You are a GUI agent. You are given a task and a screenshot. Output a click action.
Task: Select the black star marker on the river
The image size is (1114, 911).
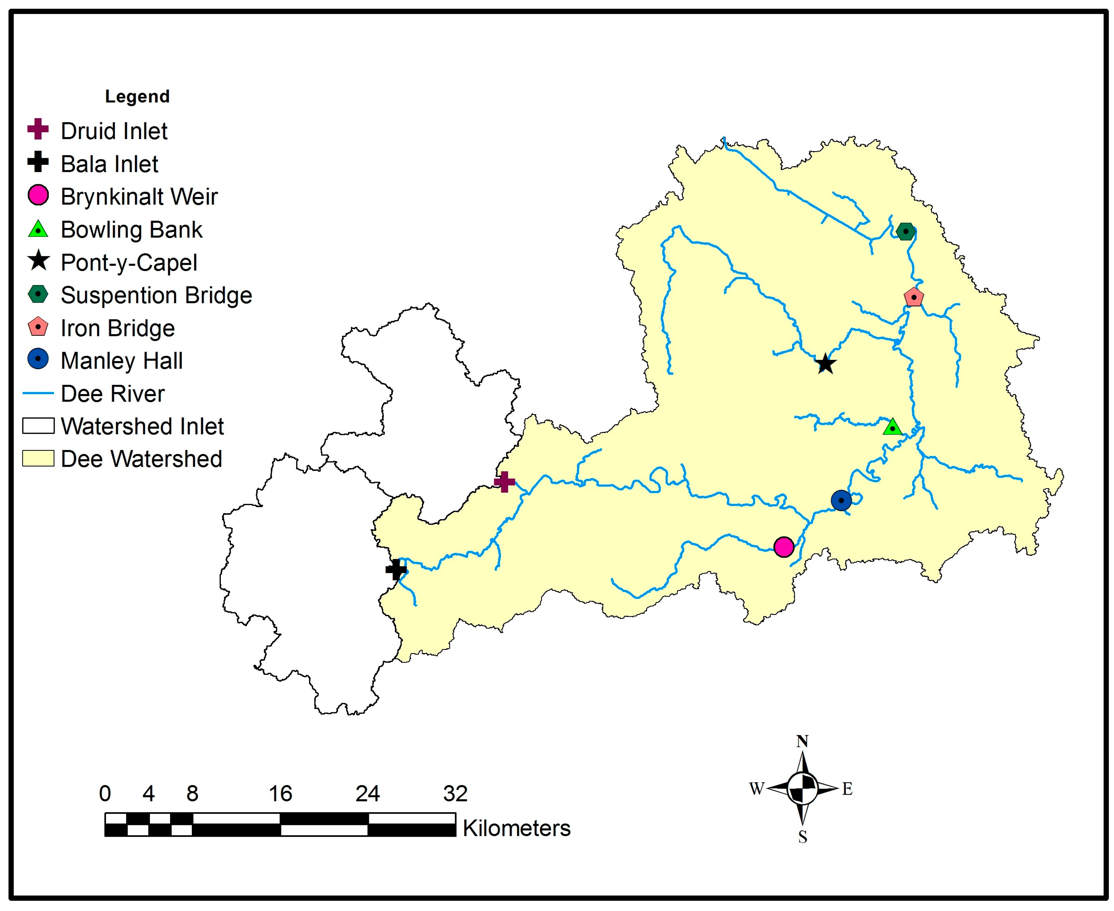[x=825, y=363]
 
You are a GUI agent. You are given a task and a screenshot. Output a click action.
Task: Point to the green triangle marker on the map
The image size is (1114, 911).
[x=892, y=427]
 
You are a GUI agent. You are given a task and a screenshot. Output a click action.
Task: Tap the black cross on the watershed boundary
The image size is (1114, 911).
[x=396, y=569]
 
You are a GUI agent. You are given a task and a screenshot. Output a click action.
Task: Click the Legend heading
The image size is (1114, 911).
[x=137, y=96]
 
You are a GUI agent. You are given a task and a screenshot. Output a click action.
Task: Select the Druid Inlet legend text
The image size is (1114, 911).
[x=114, y=131]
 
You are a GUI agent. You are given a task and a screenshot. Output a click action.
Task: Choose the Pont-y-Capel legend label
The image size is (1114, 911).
[x=129, y=262]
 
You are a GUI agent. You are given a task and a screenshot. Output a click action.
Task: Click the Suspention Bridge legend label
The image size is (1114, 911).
[x=156, y=295]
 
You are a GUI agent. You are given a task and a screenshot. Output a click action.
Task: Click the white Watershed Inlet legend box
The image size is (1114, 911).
[x=38, y=425]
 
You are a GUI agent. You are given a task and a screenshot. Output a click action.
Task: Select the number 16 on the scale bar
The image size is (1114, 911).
[x=280, y=794]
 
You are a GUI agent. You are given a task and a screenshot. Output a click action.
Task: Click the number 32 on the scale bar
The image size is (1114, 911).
[x=455, y=794]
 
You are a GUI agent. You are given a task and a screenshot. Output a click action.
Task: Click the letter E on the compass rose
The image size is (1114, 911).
[x=847, y=789]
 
